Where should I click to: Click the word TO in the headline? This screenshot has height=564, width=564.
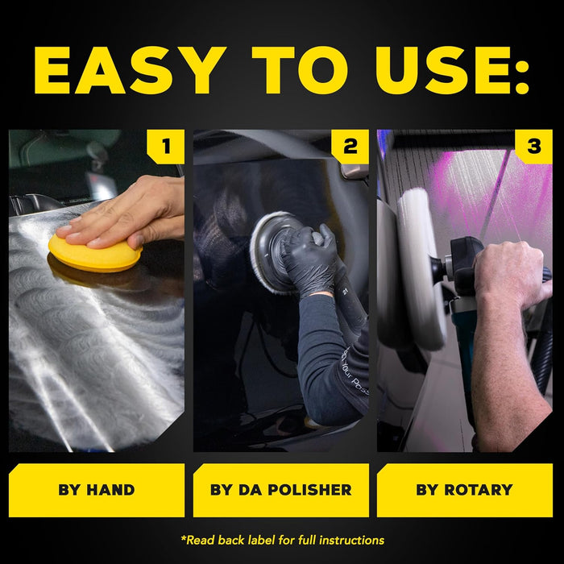click(287, 70)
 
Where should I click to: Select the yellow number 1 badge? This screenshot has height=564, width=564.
click(166, 147)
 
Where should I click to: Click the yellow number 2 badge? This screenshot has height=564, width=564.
click(350, 147)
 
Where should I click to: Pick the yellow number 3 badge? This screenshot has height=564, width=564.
click(533, 147)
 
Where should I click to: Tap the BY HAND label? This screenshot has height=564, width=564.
click(97, 489)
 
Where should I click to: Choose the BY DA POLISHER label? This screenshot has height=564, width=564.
click(280, 489)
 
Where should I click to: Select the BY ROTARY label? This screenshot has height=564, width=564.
click(464, 489)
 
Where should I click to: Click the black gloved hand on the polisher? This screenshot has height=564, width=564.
click(310, 258)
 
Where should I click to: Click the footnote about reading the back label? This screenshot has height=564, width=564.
click(282, 540)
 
